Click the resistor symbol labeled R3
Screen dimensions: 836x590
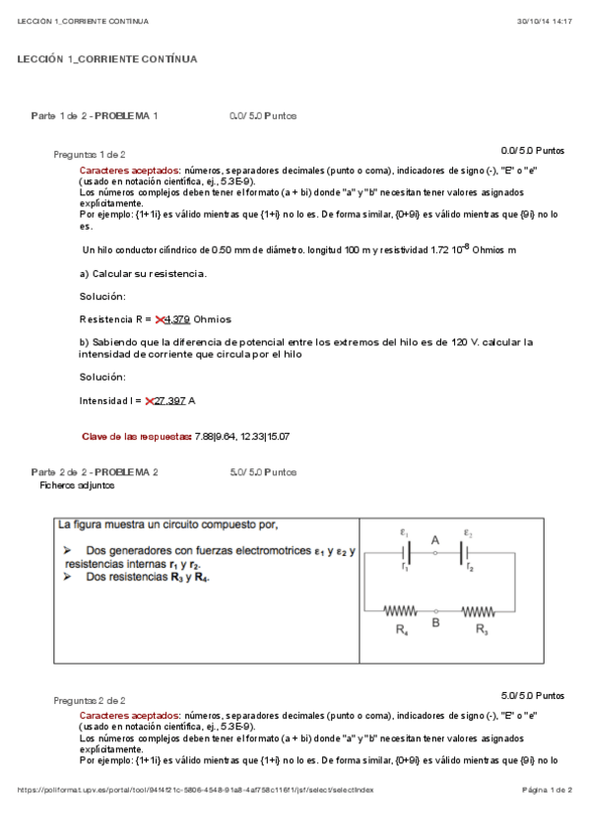pos(478,610)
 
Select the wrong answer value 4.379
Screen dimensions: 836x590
pos(177,319)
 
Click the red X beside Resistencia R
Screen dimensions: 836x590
pos(160,319)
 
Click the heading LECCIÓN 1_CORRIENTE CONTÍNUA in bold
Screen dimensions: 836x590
pos(107,60)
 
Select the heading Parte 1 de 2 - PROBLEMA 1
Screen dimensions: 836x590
pos(95,116)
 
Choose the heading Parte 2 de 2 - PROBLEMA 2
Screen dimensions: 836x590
pos(95,472)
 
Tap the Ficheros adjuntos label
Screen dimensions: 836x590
pos(77,485)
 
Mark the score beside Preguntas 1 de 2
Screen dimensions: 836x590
pos(533,151)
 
